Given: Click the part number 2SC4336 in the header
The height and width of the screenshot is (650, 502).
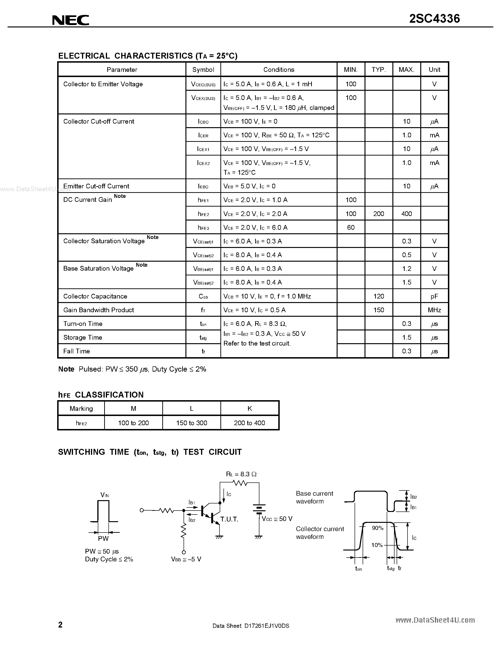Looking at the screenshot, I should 434,19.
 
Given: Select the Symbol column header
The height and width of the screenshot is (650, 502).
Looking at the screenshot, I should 203,70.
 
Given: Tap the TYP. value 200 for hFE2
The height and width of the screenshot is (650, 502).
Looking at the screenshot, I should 379,214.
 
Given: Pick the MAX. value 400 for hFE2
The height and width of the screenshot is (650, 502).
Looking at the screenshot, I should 407,214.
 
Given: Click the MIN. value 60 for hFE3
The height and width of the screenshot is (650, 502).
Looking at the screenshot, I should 351,227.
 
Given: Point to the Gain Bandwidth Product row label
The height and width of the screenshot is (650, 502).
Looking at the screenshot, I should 99,310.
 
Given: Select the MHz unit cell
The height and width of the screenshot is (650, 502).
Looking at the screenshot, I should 434,310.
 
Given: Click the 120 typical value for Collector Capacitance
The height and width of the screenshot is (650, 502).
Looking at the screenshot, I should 379,296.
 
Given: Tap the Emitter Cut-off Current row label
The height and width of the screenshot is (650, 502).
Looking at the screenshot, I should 96,186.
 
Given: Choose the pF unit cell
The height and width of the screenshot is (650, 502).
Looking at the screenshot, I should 434,296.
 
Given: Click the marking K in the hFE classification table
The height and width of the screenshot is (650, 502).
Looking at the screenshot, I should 249,409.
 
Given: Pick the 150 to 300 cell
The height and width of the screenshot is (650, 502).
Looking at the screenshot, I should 192,423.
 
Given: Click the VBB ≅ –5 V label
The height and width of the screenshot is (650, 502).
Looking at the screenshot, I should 186,559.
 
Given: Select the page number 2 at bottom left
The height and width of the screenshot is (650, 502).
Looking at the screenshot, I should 60,625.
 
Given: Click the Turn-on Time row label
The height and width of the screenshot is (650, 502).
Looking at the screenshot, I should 83,324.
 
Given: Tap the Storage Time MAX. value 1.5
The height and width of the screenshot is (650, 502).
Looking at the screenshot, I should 407,337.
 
